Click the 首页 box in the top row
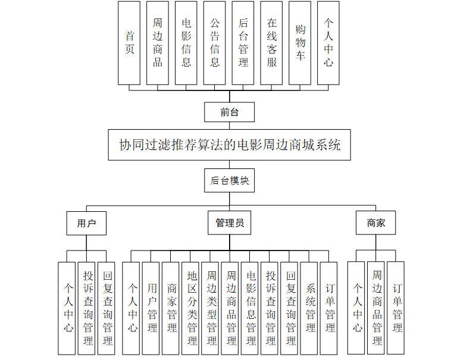pos(129,42)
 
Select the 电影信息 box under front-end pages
pos(186,42)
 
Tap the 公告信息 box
pos(215,42)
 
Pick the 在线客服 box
pos(271,42)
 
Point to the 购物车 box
pos(300,42)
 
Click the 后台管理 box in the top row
pos(243,42)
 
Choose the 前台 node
pos(229,112)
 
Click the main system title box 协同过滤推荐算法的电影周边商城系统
pos(229,145)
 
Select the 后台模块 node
pos(229,180)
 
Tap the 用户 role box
pos(87,223)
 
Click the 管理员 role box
pos(229,223)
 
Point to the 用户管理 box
pos(152,308)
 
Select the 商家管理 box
pos(172,308)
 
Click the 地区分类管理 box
pos(192,308)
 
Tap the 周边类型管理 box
pos(211,308)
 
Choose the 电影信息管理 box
pos(251,308)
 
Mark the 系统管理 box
pos(310,308)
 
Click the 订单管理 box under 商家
pos(397,308)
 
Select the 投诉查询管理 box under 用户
pos(87,308)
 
